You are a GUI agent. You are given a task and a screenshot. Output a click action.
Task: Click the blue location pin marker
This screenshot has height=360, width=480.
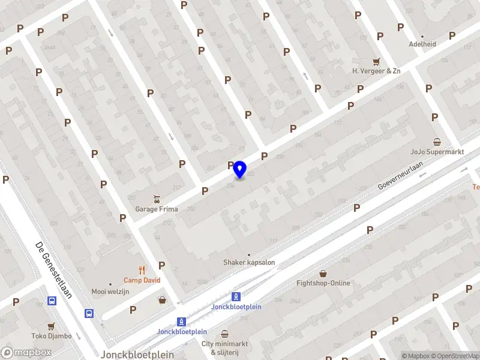[x=240, y=170]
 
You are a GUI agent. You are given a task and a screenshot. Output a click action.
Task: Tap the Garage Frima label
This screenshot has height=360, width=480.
[x=156, y=209]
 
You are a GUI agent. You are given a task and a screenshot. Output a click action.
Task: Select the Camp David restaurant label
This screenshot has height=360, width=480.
[x=142, y=280]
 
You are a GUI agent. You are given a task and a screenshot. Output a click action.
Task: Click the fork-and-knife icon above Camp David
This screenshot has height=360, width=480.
[x=142, y=269]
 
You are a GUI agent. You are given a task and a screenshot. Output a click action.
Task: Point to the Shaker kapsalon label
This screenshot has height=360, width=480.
[x=249, y=262]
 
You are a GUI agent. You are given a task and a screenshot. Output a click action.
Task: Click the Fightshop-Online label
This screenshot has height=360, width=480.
[x=323, y=283]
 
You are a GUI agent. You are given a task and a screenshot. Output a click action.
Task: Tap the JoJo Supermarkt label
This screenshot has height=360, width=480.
[x=437, y=152]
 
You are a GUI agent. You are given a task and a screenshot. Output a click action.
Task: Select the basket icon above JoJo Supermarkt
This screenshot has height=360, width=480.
[x=437, y=142]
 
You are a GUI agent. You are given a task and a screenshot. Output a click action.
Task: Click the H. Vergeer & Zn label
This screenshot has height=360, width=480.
[x=376, y=71]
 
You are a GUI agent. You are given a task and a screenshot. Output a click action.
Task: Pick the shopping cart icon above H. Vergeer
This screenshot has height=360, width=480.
[x=376, y=61]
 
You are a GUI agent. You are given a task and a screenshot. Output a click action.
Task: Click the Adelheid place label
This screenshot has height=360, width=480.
[x=422, y=44]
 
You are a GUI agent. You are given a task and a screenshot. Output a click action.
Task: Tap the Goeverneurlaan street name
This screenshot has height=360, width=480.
[x=401, y=176]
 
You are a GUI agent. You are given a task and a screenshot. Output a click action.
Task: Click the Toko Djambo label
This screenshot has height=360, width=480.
[x=52, y=336]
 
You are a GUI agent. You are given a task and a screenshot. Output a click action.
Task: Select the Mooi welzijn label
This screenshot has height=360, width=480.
[x=110, y=292]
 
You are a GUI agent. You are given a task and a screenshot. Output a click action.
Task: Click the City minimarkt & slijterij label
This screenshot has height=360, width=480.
[x=224, y=348]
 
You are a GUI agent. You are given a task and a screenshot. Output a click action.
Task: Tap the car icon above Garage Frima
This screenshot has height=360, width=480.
[x=156, y=199]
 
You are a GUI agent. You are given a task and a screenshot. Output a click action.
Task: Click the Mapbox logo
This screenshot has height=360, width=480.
[x=26, y=353]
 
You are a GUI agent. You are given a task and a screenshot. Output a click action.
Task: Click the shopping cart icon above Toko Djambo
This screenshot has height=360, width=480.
[x=52, y=326]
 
